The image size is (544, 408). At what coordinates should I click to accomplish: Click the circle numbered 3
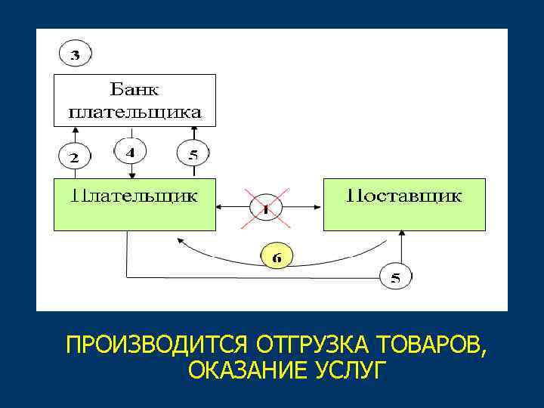pos(75,54)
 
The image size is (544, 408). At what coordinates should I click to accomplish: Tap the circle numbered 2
pos(74,158)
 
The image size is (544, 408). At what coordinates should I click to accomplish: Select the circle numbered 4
pos(130,152)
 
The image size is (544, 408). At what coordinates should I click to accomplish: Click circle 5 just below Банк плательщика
pos(193,156)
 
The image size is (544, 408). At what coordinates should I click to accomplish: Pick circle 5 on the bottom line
pos(395,277)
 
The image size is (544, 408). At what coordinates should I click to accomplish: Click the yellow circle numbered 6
pos(277,257)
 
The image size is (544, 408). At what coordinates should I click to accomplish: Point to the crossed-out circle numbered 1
pos(266,206)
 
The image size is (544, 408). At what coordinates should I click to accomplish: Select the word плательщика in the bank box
pos(135,113)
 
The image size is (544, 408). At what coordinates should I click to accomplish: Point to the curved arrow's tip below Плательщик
pos(180,240)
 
